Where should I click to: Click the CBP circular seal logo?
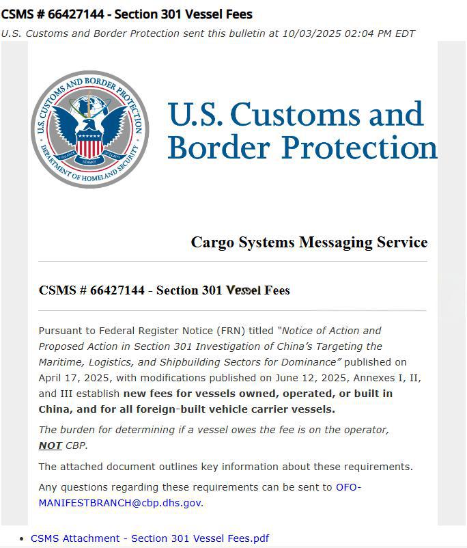tap(89, 129)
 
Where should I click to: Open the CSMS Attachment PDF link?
tap(150, 538)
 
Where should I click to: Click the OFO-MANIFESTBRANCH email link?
tap(120, 503)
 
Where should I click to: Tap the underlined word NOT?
tap(51, 446)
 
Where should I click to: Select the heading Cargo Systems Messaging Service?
tap(309, 243)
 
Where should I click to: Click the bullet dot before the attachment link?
tap(23, 538)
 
